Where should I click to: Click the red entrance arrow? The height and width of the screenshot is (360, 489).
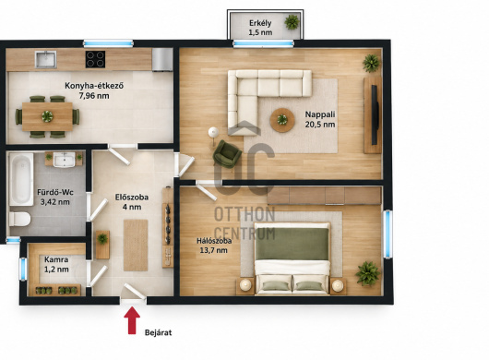[x=132, y=320]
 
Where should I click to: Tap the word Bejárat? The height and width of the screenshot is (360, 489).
[x=158, y=332]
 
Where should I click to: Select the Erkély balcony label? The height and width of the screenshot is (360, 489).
[x=260, y=23]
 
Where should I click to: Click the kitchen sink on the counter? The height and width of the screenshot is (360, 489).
[x=45, y=59]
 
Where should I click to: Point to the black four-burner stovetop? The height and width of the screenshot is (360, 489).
[x=95, y=59]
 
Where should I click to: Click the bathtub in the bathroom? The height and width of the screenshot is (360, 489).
[x=21, y=179]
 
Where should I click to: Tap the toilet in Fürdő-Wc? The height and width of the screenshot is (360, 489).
[x=19, y=219]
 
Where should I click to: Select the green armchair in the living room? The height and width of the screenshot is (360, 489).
[x=227, y=154]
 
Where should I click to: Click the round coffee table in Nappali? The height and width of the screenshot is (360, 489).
[x=282, y=120]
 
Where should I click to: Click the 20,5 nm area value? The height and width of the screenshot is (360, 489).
[x=320, y=125]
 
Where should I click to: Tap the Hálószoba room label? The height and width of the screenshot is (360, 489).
[x=214, y=241]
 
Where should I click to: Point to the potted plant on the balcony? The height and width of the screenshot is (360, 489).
[x=292, y=22]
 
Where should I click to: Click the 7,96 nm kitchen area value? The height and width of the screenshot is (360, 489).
[x=94, y=95]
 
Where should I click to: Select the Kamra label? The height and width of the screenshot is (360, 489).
[x=56, y=259]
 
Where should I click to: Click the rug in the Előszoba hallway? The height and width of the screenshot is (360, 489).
[x=136, y=246]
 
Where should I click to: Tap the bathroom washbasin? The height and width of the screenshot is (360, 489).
[x=65, y=160]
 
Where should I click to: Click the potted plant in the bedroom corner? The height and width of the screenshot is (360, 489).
[x=368, y=273]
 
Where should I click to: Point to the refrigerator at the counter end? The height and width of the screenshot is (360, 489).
[x=162, y=59]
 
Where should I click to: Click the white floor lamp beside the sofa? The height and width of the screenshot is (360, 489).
[x=213, y=132]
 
